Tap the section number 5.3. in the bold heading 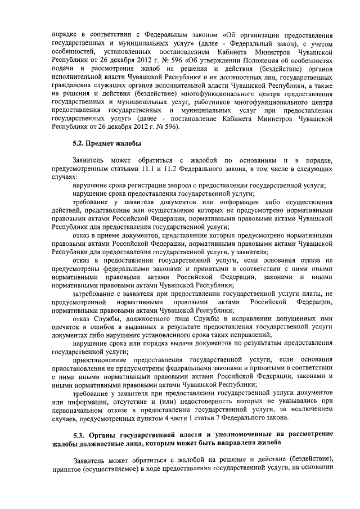coord(82,434)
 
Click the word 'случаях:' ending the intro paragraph coord(64,176)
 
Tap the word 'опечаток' coord(64,326)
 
